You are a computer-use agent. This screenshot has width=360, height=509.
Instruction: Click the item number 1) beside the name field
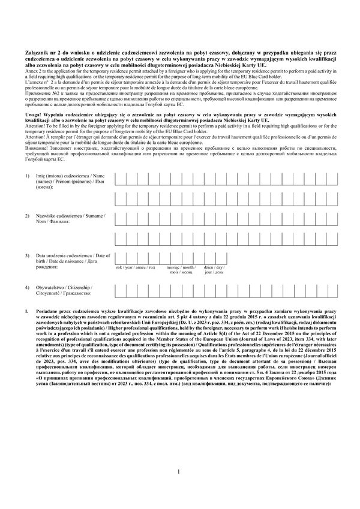pos(28,174)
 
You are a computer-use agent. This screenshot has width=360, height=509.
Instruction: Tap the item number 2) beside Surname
pos(28,215)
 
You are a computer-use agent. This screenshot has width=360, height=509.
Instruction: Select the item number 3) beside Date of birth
pos(28,256)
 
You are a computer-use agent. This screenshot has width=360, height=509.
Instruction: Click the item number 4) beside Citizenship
pos(28,288)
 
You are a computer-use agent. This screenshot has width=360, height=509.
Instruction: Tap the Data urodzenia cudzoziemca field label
pos(73,256)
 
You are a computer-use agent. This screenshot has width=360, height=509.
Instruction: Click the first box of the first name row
pos(119,179)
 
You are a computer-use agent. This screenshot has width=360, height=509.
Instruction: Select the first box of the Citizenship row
pos(119,291)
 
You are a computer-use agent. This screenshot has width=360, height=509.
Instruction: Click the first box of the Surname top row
pos(119,219)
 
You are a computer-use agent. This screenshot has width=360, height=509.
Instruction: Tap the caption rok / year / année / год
pos(135,267)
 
